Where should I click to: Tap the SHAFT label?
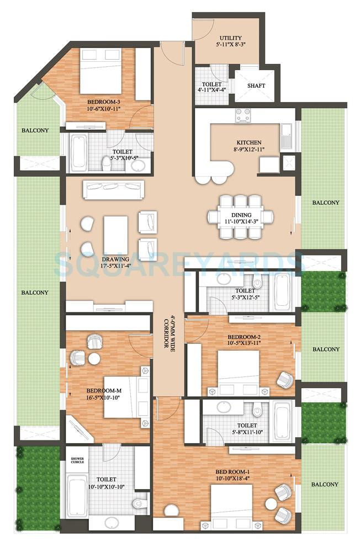pyautogui.click(x=256, y=86)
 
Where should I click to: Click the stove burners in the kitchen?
pyautogui.click(x=243, y=115)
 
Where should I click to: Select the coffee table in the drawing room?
pyautogui.click(x=115, y=235)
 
